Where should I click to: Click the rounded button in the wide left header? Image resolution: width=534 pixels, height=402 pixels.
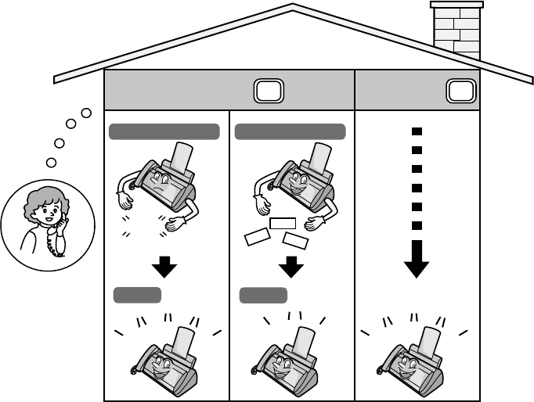tap(267, 92)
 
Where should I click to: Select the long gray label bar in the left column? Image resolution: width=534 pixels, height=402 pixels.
tap(164, 131)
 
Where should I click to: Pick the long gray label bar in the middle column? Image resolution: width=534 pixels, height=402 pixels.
tap(290, 131)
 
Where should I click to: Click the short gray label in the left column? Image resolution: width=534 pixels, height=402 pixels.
tap(137, 295)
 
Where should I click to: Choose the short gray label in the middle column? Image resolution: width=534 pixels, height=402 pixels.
tap(263, 295)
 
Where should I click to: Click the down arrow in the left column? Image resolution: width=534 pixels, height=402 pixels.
tap(164, 267)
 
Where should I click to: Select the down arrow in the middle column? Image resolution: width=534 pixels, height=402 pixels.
tap(290, 267)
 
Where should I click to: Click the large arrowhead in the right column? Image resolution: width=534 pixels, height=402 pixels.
tap(417, 264)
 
